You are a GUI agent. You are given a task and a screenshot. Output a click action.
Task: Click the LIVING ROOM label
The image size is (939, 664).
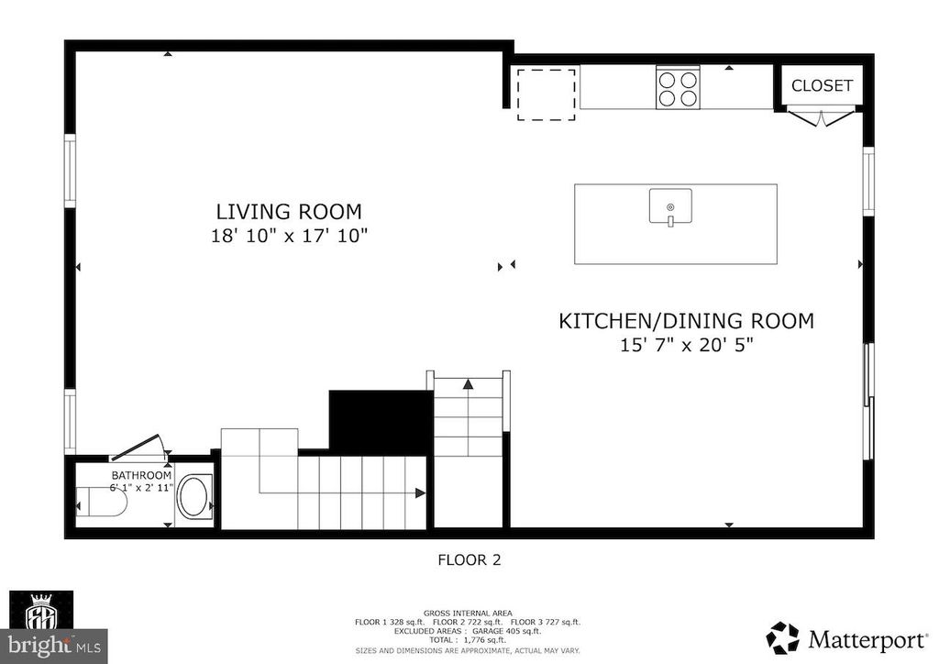click(289, 211)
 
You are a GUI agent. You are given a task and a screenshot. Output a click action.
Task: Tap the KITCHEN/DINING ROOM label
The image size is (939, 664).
click(687, 321)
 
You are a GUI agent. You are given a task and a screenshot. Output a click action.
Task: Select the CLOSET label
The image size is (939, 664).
click(822, 86)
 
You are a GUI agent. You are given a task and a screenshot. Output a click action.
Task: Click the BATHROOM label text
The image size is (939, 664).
click(141, 475)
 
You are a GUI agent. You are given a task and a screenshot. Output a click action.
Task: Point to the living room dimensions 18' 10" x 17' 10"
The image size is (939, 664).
click(289, 236)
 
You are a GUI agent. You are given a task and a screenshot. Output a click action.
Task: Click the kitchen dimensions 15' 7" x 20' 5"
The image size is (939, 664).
click(687, 346)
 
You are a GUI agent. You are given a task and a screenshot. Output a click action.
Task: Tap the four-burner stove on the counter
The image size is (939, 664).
click(677, 89)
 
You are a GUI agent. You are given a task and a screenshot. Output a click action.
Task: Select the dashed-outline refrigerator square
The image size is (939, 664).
click(546, 94)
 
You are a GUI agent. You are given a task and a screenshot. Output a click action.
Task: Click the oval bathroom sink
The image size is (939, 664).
click(193, 497)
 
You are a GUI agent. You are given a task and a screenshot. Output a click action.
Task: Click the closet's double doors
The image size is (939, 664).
click(822, 117)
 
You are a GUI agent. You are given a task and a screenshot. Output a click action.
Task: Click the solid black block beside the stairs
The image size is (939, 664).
click(380, 421)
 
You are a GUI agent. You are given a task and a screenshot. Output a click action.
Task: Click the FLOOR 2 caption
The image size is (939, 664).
click(469, 559)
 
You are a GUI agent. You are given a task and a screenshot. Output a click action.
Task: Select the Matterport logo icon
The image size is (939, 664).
click(782, 637)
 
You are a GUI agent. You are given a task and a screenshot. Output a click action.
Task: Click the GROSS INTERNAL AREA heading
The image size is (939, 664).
click(469, 613)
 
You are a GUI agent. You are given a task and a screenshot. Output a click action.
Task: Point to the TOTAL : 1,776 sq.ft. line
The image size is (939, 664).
click(469, 639)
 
